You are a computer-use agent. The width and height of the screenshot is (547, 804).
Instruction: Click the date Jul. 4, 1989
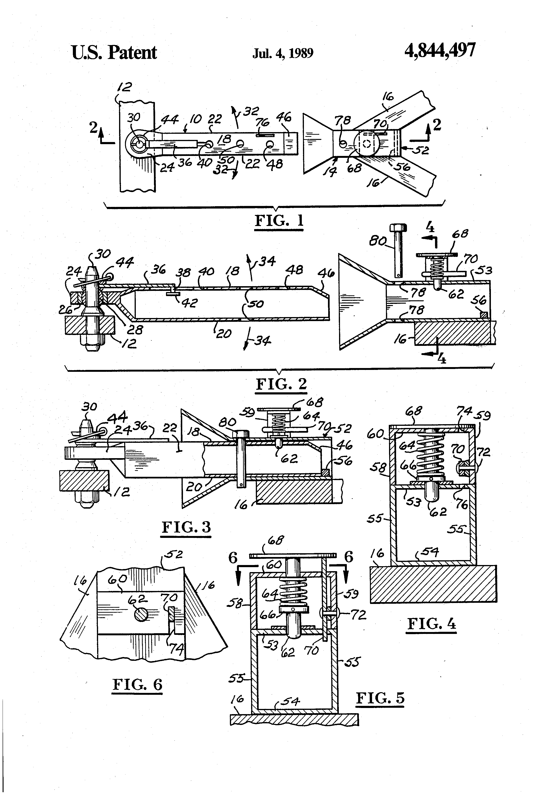tap(283, 53)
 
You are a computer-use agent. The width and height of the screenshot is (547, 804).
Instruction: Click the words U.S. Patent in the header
tap(114, 53)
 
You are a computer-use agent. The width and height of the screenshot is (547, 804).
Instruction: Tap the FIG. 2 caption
tap(281, 384)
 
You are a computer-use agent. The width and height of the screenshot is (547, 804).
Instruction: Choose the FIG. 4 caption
tap(431, 624)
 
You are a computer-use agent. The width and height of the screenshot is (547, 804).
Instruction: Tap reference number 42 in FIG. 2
tap(189, 303)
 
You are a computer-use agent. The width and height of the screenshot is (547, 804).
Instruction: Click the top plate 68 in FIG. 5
tap(293, 555)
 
